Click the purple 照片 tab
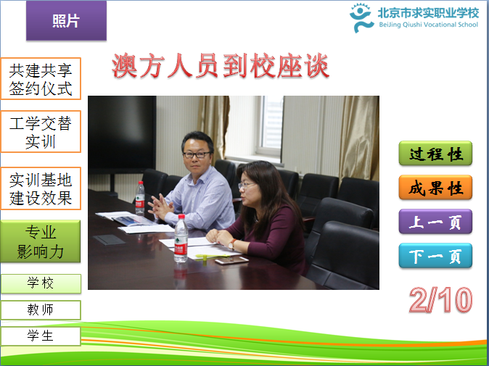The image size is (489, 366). (66, 20)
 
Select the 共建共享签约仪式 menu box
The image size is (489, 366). (41, 79)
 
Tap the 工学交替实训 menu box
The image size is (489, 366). (41, 132)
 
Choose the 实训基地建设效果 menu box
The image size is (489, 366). (41, 188)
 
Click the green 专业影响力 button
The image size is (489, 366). (41, 241)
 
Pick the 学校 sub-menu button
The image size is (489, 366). (41, 283)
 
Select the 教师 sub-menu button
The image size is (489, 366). (41, 310)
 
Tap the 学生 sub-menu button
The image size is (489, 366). (41, 336)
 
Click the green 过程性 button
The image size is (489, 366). (435, 153)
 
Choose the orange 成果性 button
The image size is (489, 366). (435, 188)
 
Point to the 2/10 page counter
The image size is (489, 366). (440, 299)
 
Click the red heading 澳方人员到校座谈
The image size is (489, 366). (220, 66)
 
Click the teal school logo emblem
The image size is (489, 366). (361, 17)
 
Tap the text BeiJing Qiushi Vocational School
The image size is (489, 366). (428, 25)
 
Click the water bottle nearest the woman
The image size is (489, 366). (181, 238)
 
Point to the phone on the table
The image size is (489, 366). (231, 260)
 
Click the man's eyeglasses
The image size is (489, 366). (197, 154)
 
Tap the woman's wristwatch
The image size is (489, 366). (232, 244)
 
